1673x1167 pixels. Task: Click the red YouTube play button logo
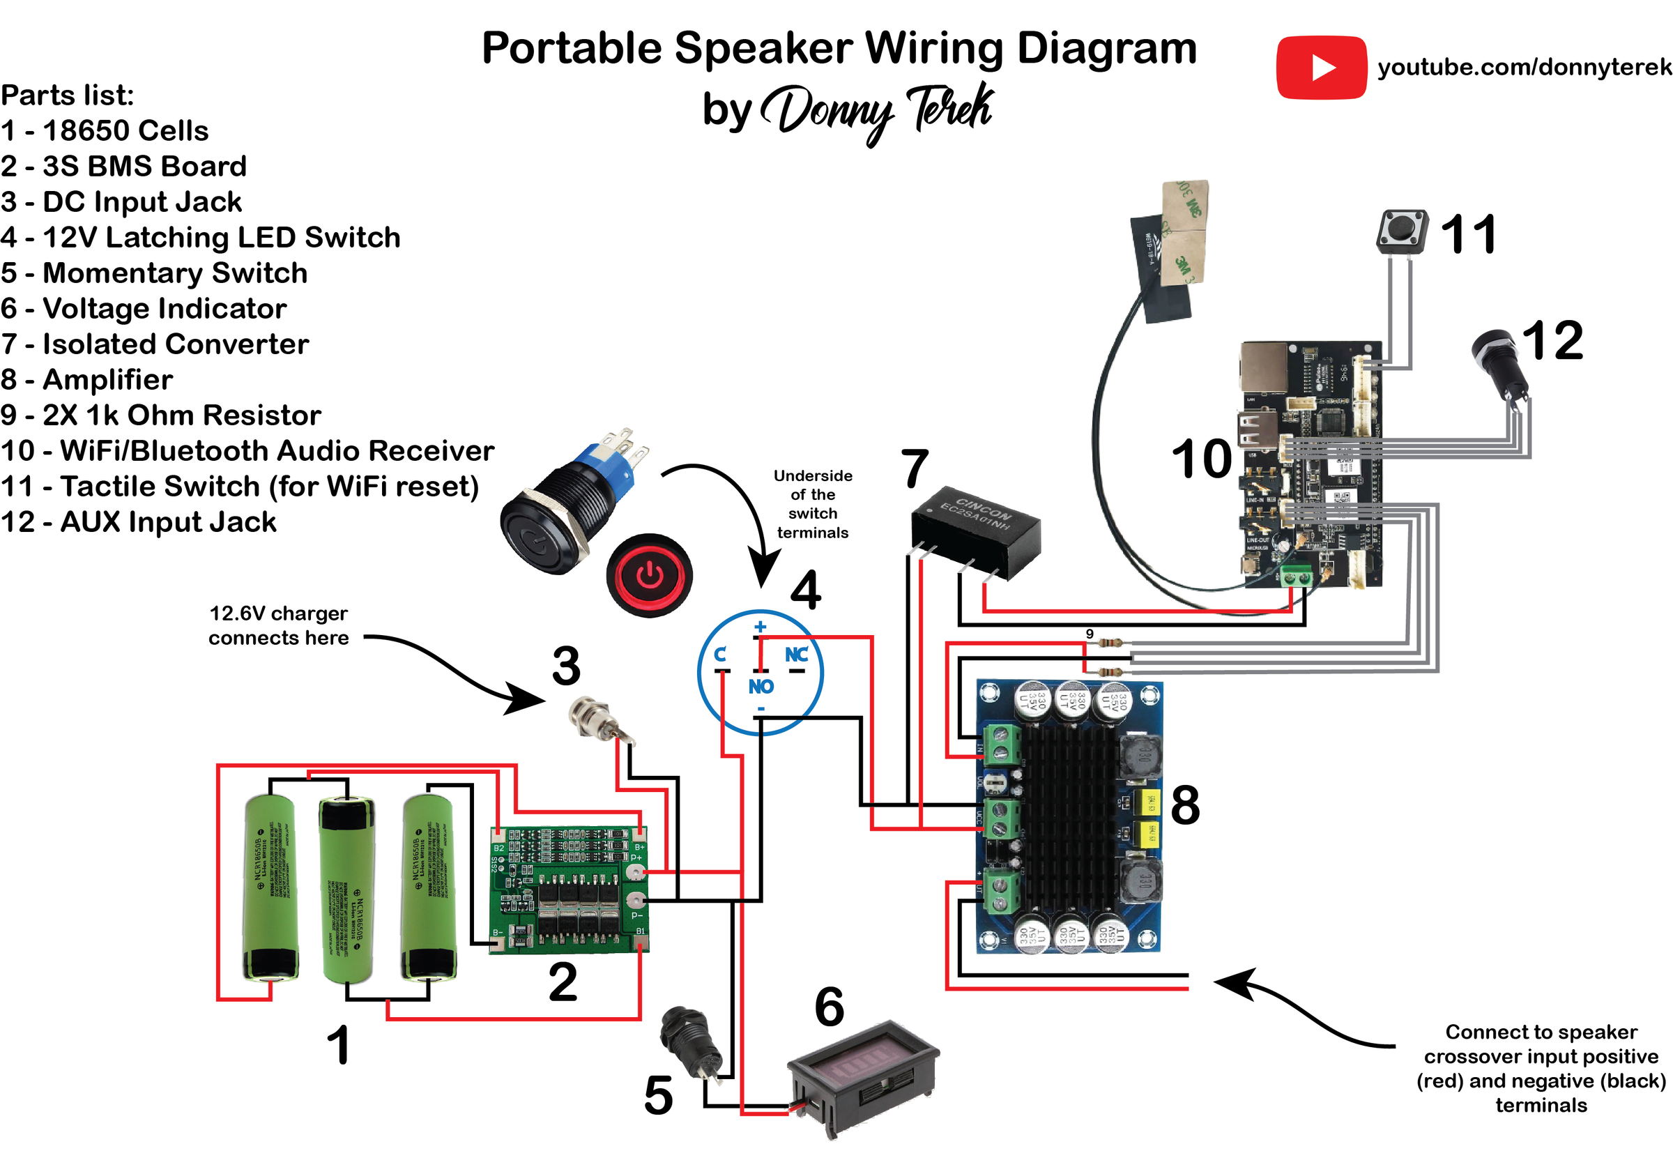pos(1320,67)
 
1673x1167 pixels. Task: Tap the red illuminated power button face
pos(649,576)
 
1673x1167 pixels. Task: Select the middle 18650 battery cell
pos(347,890)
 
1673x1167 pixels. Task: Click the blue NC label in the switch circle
pos(797,654)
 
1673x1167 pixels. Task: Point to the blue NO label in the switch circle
pos(761,686)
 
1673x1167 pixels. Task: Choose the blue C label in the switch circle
pos(720,654)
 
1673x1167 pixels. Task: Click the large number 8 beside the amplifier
pos(1185,805)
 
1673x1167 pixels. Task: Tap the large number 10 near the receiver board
pos(1201,459)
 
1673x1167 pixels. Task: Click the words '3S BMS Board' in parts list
pos(144,166)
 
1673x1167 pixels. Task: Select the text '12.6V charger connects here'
pos(278,625)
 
